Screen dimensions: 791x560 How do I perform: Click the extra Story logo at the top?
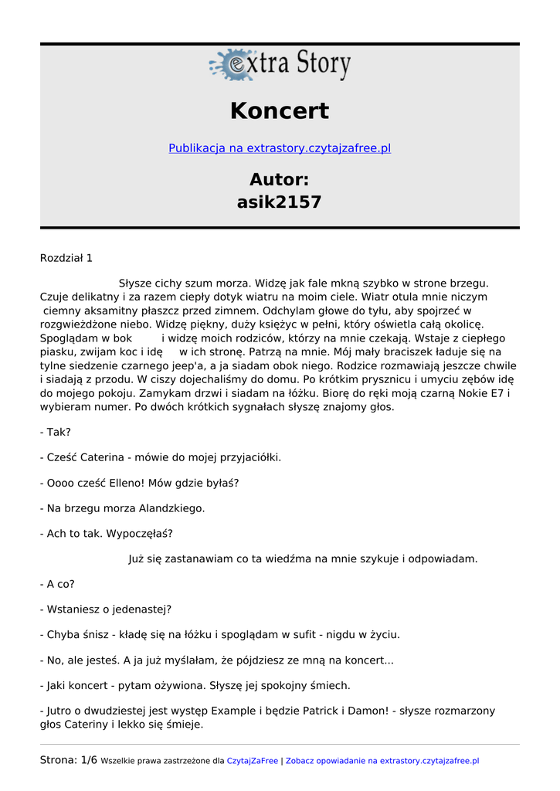(280, 65)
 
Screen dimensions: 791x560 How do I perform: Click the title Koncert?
(280, 111)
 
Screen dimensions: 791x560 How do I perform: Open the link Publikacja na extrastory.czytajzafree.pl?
(280, 148)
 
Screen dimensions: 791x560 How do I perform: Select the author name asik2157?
(280, 202)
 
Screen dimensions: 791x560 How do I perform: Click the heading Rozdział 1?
(66, 258)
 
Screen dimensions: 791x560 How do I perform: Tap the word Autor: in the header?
(280, 180)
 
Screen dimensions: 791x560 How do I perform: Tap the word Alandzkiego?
(171, 508)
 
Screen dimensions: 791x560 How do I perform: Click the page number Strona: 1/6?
(69, 761)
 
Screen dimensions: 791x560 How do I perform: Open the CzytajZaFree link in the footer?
(252, 761)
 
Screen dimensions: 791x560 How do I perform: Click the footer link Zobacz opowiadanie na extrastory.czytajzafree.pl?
(382, 761)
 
